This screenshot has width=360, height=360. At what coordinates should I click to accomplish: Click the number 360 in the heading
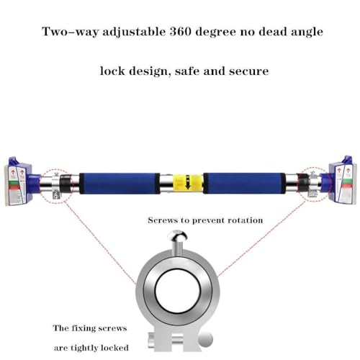(x=180, y=32)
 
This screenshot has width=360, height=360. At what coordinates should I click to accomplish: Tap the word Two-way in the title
(x=70, y=32)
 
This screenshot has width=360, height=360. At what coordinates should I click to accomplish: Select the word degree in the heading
(x=216, y=32)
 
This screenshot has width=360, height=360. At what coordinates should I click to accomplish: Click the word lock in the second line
(x=112, y=71)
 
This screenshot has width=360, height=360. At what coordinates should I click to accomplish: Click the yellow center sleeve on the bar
(x=188, y=183)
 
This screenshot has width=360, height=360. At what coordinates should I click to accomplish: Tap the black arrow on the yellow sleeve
(x=188, y=182)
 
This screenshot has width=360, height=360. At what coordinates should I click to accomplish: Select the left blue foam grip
(x=120, y=183)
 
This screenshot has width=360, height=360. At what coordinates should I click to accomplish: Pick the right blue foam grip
(x=245, y=183)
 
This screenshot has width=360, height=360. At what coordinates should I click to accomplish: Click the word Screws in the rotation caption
(x=161, y=220)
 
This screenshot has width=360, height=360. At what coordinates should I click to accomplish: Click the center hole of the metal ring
(x=178, y=291)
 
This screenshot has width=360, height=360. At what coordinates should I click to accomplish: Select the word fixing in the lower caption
(x=89, y=328)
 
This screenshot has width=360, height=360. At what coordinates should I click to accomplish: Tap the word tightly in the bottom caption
(x=85, y=348)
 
